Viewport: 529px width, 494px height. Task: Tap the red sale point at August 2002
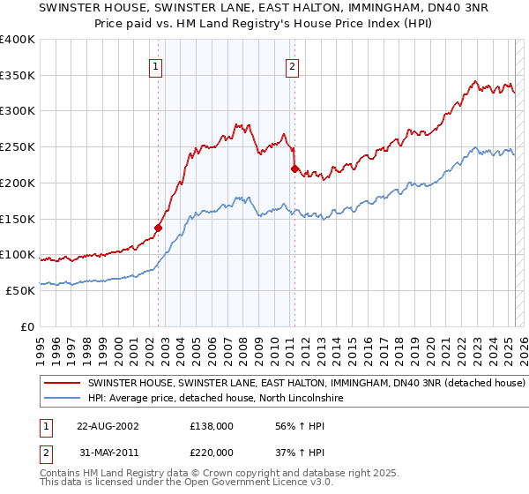point(159,228)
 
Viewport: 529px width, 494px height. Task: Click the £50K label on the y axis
point(20,290)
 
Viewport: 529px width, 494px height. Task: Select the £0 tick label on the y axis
point(28,326)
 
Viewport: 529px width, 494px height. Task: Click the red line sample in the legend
point(63,384)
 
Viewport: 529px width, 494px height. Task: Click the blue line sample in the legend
point(63,399)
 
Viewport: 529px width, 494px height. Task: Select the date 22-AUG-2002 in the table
point(108,425)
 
